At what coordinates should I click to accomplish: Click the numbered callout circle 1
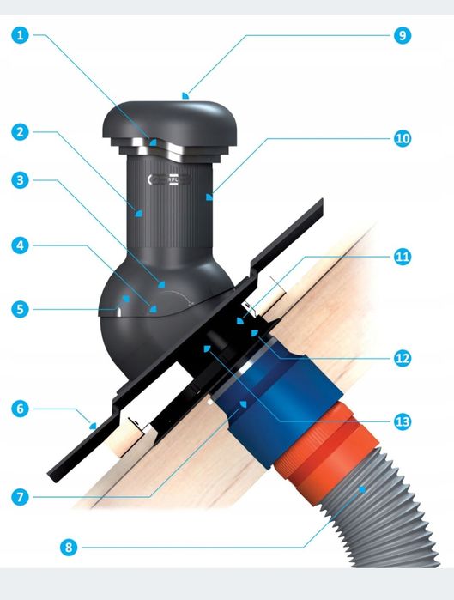tap(21, 35)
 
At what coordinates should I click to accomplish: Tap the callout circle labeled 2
tap(21, 132)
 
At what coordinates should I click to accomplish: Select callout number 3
tap(21, 180)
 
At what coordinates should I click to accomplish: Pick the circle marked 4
tap(21, 245)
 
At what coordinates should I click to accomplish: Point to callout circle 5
tap(21, 309)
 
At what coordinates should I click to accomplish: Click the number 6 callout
tap(21, 409)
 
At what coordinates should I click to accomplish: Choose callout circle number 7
tap(21, 497)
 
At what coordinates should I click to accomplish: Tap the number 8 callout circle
tap(69, 547)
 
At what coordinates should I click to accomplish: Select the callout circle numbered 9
tap(403, 35)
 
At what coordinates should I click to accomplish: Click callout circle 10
tap(403, 138)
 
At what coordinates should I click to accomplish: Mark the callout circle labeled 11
tap(403, 257)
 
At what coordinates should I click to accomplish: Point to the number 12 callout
tap(403, 358)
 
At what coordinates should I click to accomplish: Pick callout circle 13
tap(403, 421)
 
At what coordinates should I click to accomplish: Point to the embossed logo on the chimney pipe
tap(169, 179)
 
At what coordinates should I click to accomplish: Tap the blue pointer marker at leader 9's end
tap(185, 95)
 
